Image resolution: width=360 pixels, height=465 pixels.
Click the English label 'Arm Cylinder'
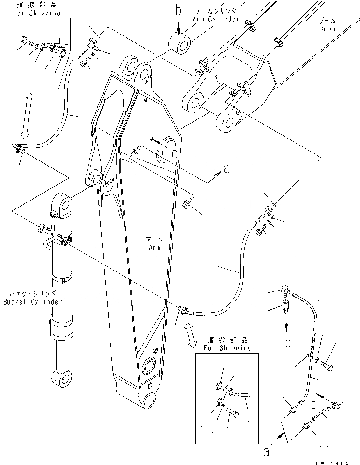(215, 19)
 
